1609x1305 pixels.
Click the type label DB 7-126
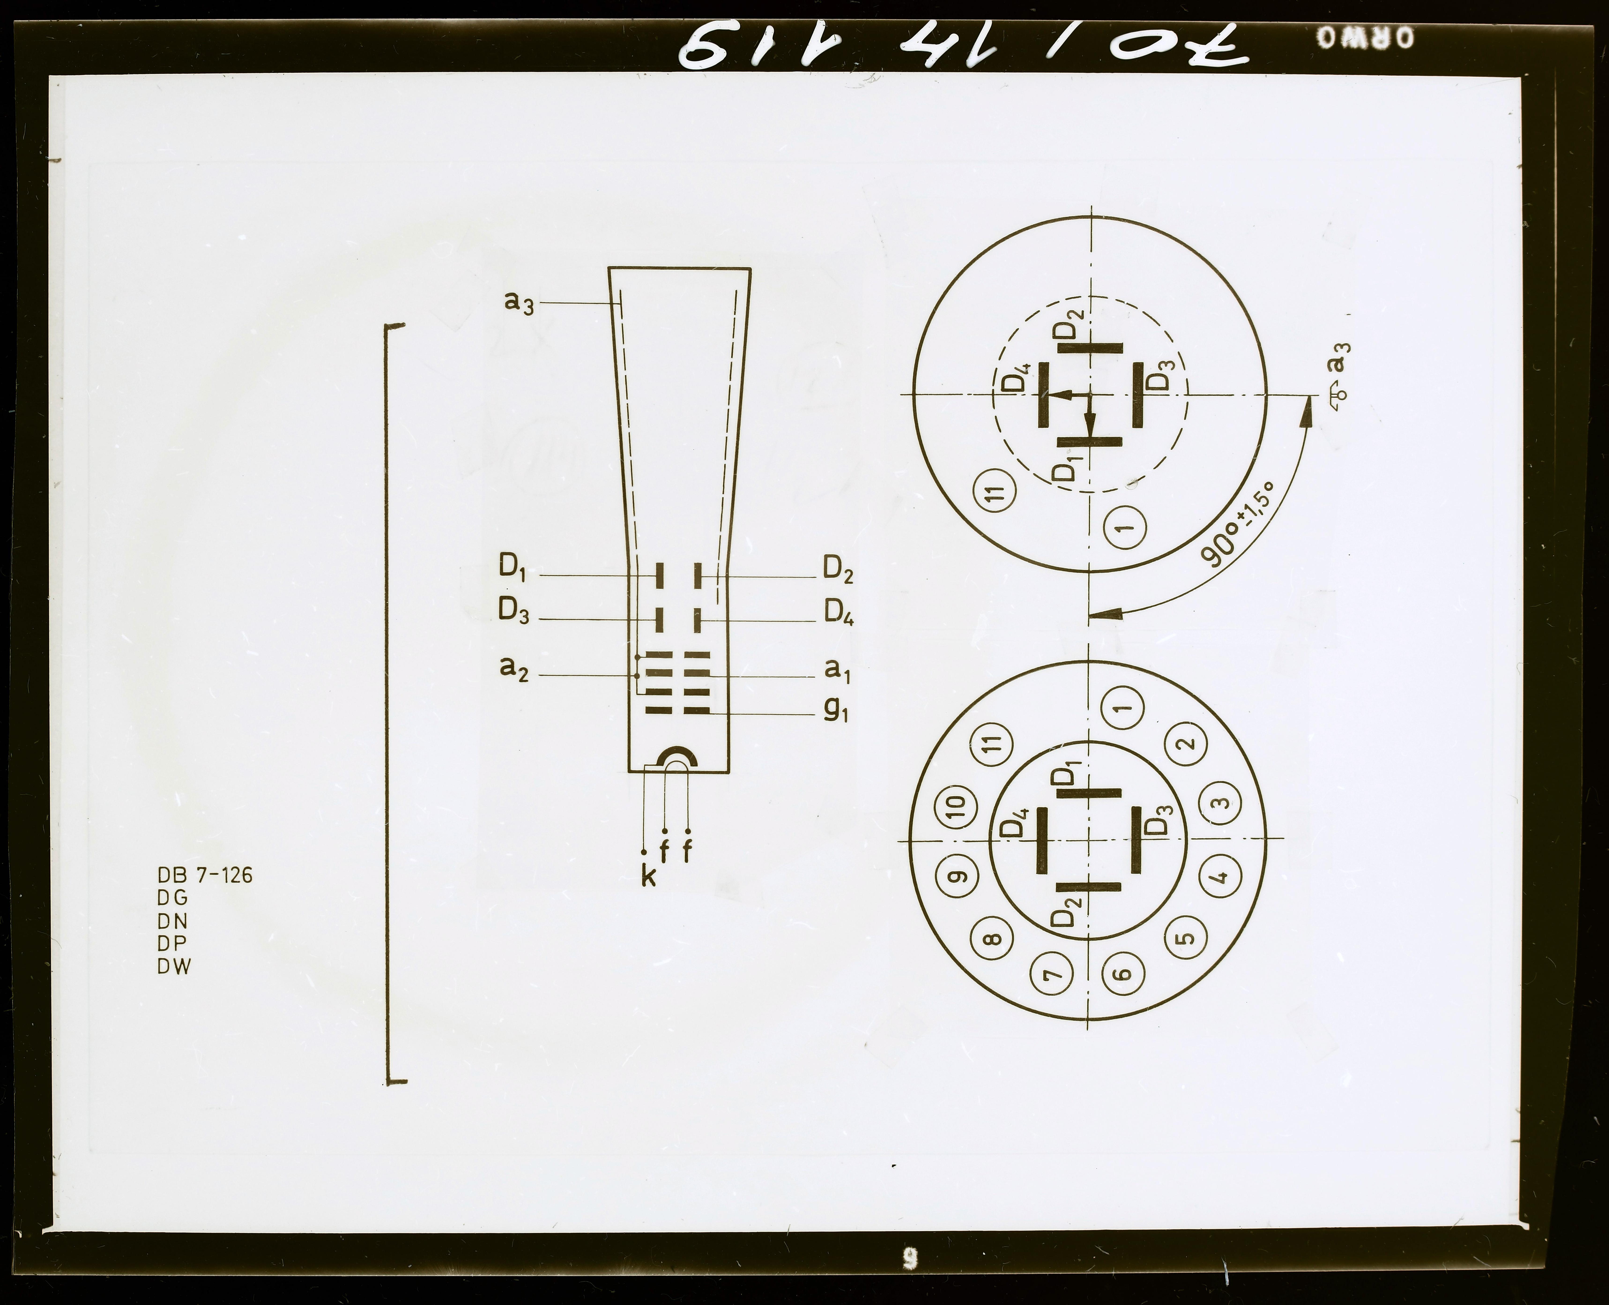[x=204, y=875]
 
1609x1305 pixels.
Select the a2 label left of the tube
[x=514, y=668]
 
